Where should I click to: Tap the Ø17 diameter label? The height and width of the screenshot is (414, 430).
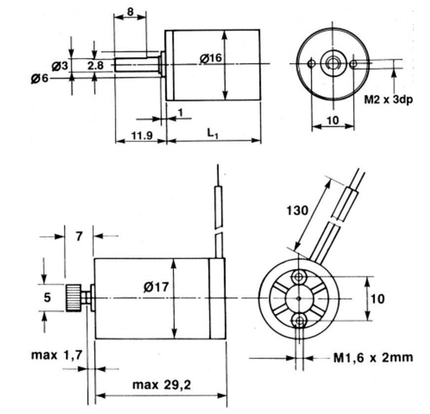point(156,288)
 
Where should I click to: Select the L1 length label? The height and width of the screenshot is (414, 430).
point(212,133)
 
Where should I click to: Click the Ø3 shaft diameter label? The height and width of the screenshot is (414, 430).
point(60,65)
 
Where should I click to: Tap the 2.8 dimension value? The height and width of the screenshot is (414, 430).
point(95,65)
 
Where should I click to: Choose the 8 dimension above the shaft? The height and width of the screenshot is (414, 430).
point(130,11)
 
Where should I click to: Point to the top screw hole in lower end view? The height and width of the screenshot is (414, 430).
point(298,276)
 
